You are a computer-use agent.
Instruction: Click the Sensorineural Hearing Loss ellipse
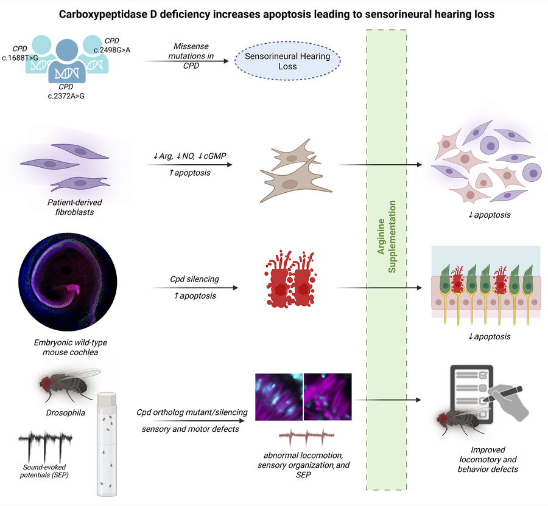(x=288, y=63)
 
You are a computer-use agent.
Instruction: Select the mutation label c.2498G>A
(x=115, y=49)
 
